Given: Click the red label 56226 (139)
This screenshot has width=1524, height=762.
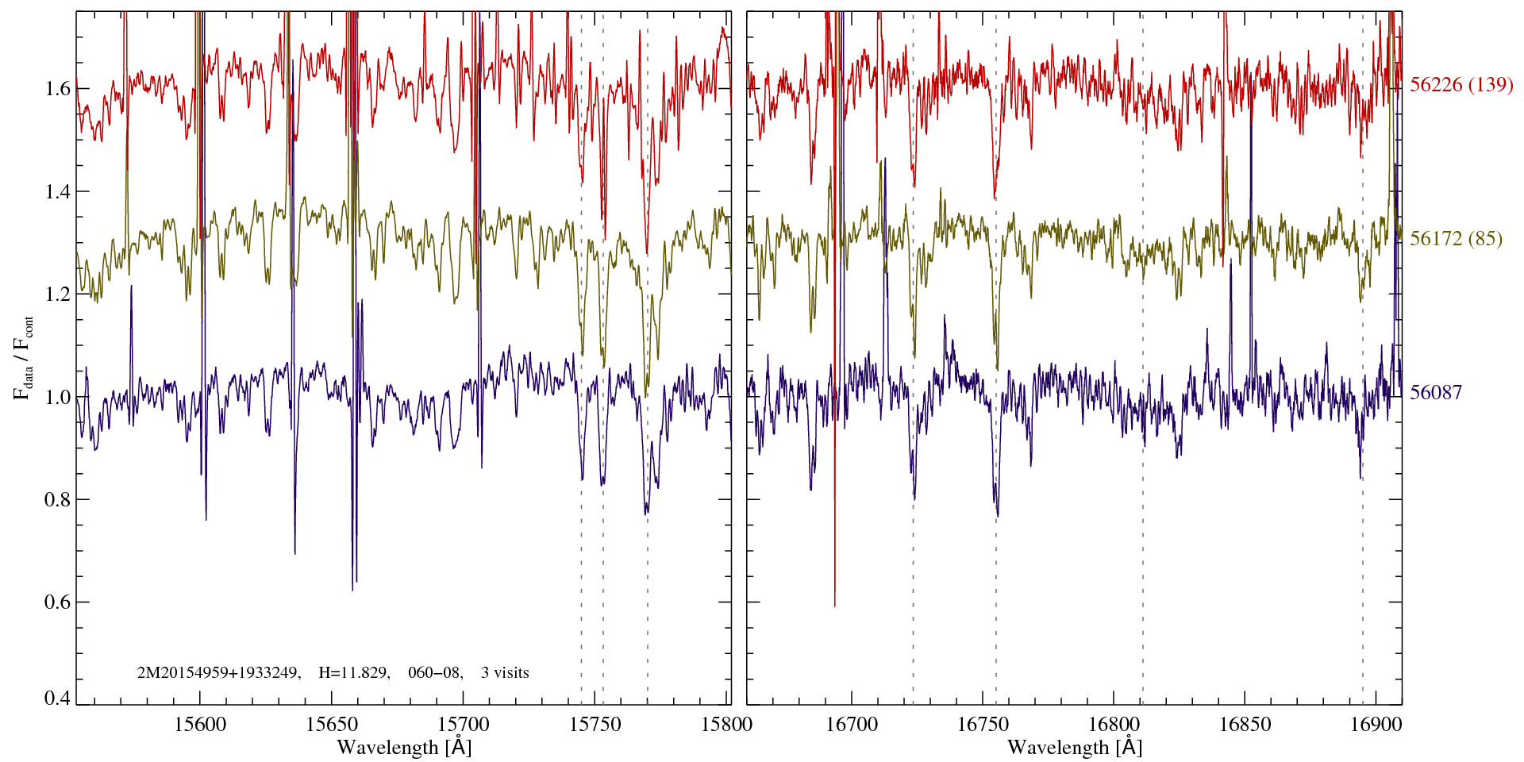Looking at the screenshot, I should [x=1461, y=85].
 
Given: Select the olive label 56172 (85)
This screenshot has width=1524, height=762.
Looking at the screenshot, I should [x=1456, y=239].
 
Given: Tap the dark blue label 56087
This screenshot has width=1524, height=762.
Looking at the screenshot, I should [x=1436, y=393].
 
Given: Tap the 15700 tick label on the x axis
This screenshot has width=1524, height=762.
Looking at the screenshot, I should [x=464, y=724].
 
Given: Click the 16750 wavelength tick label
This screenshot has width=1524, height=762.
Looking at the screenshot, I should [x=983, y=724].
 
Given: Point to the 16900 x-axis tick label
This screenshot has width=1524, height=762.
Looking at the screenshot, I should [x=1375, y=724].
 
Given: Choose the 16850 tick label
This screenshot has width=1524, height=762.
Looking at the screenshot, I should [x=1245, y=724].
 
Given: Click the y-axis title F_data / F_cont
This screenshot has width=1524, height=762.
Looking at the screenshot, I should [x=24, y=357].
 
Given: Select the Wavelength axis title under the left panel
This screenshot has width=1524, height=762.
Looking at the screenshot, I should [x=404, y=748].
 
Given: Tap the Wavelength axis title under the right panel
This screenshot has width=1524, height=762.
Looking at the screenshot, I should [x=1075, y=748].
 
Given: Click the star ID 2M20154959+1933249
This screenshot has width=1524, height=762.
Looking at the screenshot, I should [x=218, y=673].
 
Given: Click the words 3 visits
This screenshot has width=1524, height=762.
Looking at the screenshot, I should [x=505, y=673].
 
